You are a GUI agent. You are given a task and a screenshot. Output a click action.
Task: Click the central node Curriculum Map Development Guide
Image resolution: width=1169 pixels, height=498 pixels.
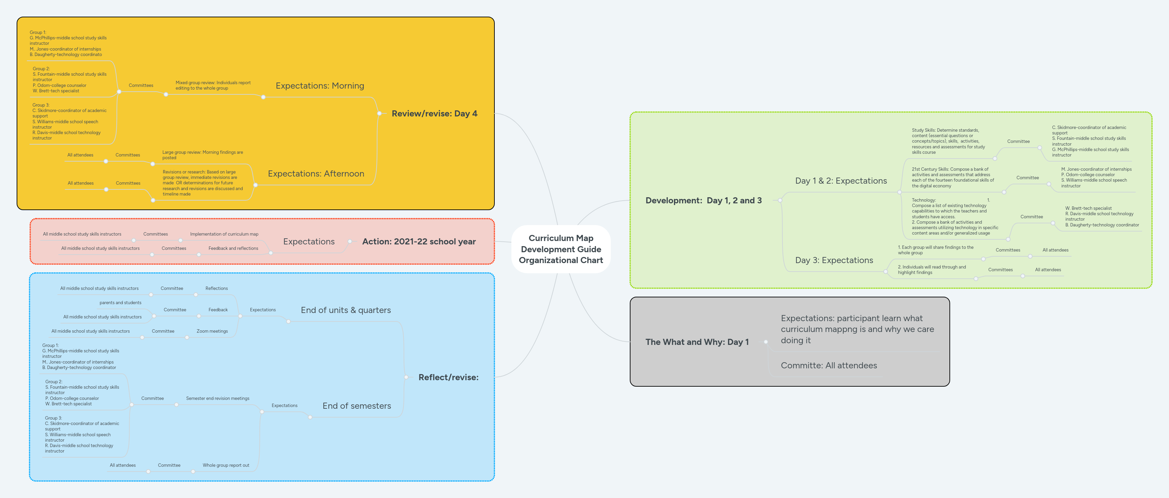(561, 249)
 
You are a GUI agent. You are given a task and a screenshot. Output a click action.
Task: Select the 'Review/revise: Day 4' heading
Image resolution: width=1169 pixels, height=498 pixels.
(434, 113)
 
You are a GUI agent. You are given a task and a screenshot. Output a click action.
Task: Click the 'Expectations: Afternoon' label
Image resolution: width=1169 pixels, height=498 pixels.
(316, 173)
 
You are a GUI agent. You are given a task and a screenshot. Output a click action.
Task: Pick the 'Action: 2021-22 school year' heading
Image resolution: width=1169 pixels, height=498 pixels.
(418, 241)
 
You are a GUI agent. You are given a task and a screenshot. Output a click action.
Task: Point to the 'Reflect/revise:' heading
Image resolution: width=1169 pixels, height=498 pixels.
(448, 377)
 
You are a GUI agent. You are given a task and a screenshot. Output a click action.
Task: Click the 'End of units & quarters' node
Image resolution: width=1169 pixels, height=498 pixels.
(345, 310)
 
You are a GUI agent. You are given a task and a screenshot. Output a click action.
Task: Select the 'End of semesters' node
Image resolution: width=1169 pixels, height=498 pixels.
(356, 406)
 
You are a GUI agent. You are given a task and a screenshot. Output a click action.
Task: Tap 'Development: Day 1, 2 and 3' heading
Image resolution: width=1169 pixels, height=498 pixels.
(703, 200)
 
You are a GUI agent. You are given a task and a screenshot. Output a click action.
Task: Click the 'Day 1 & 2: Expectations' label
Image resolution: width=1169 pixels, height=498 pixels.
(841, 181)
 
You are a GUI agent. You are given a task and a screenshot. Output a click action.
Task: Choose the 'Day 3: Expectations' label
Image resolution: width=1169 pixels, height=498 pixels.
(834, 260)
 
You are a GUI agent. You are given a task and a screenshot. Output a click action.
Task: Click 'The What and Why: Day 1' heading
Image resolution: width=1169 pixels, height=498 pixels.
(697, 342)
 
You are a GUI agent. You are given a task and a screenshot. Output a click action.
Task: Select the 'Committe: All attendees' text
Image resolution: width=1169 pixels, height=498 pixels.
(828, 366)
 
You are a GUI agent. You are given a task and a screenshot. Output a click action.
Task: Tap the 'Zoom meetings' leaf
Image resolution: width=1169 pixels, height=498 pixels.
(212, 331)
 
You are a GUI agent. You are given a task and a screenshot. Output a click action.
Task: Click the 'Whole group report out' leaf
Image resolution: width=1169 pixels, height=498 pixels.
(226, 465)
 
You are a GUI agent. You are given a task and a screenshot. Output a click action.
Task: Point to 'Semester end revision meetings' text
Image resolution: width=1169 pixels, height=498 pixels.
(218, 398)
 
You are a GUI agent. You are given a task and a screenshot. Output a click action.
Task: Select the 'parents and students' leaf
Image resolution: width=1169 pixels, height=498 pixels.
(120, 303)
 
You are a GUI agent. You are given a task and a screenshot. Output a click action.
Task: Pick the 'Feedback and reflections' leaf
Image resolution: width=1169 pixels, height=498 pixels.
(233, 248)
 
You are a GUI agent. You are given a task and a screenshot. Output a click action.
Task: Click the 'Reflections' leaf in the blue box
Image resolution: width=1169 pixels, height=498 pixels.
(216, 288)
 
